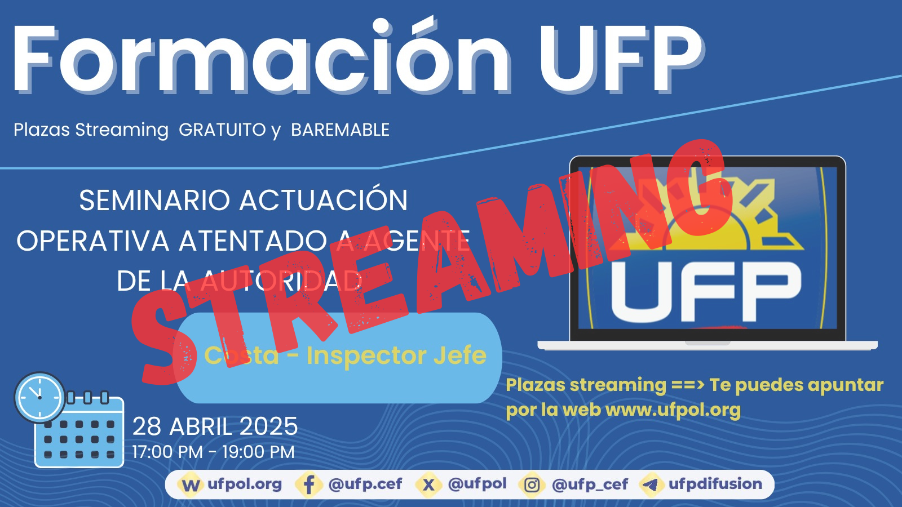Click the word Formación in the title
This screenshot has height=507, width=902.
(262, 56)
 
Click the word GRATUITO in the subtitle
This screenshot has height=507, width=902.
(222, 130)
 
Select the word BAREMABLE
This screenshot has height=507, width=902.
(341, 130)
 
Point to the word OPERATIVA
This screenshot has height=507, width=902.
(92, 241)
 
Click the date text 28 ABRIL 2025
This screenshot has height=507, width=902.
(215, 426)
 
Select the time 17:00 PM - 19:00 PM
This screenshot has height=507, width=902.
(214, 452)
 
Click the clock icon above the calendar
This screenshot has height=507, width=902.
(39, 397)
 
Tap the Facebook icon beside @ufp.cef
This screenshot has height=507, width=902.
(309, 484)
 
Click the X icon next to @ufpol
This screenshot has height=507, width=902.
(428, 484)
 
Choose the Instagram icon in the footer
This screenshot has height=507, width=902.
(532, 484)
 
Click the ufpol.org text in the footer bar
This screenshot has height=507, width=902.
(245, 484)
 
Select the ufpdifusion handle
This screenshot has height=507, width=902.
(715, 484)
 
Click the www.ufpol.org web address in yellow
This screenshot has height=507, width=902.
(673, 411)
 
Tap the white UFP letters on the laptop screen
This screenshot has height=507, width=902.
(705, 292)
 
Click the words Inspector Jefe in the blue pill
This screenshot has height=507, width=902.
(396, 355)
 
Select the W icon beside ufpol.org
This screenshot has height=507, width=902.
(190, 484)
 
